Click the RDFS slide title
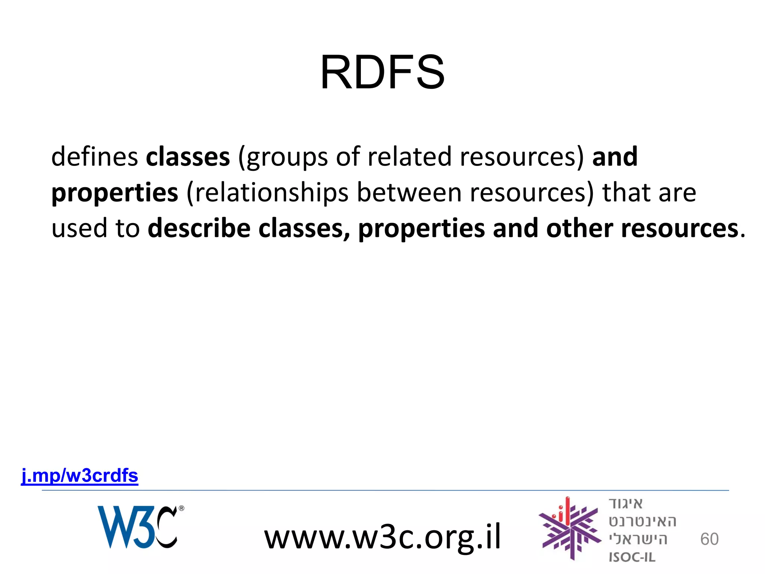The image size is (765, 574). (382, 72)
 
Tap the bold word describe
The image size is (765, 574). (199, 228)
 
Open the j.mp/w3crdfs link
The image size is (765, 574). (80, 476)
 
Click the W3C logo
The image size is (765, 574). (137, 527)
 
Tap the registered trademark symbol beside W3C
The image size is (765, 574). (182, 508)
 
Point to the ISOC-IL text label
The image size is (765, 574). (632, 557)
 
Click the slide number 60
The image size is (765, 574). (709, 539)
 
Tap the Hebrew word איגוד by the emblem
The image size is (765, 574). (626, 503)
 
